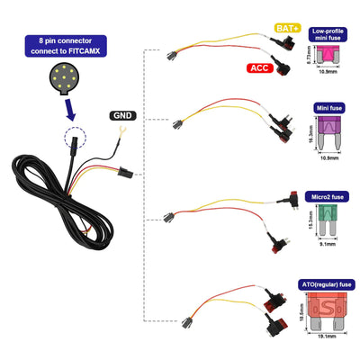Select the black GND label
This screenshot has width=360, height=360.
123,115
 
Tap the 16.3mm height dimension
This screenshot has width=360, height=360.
311,135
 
